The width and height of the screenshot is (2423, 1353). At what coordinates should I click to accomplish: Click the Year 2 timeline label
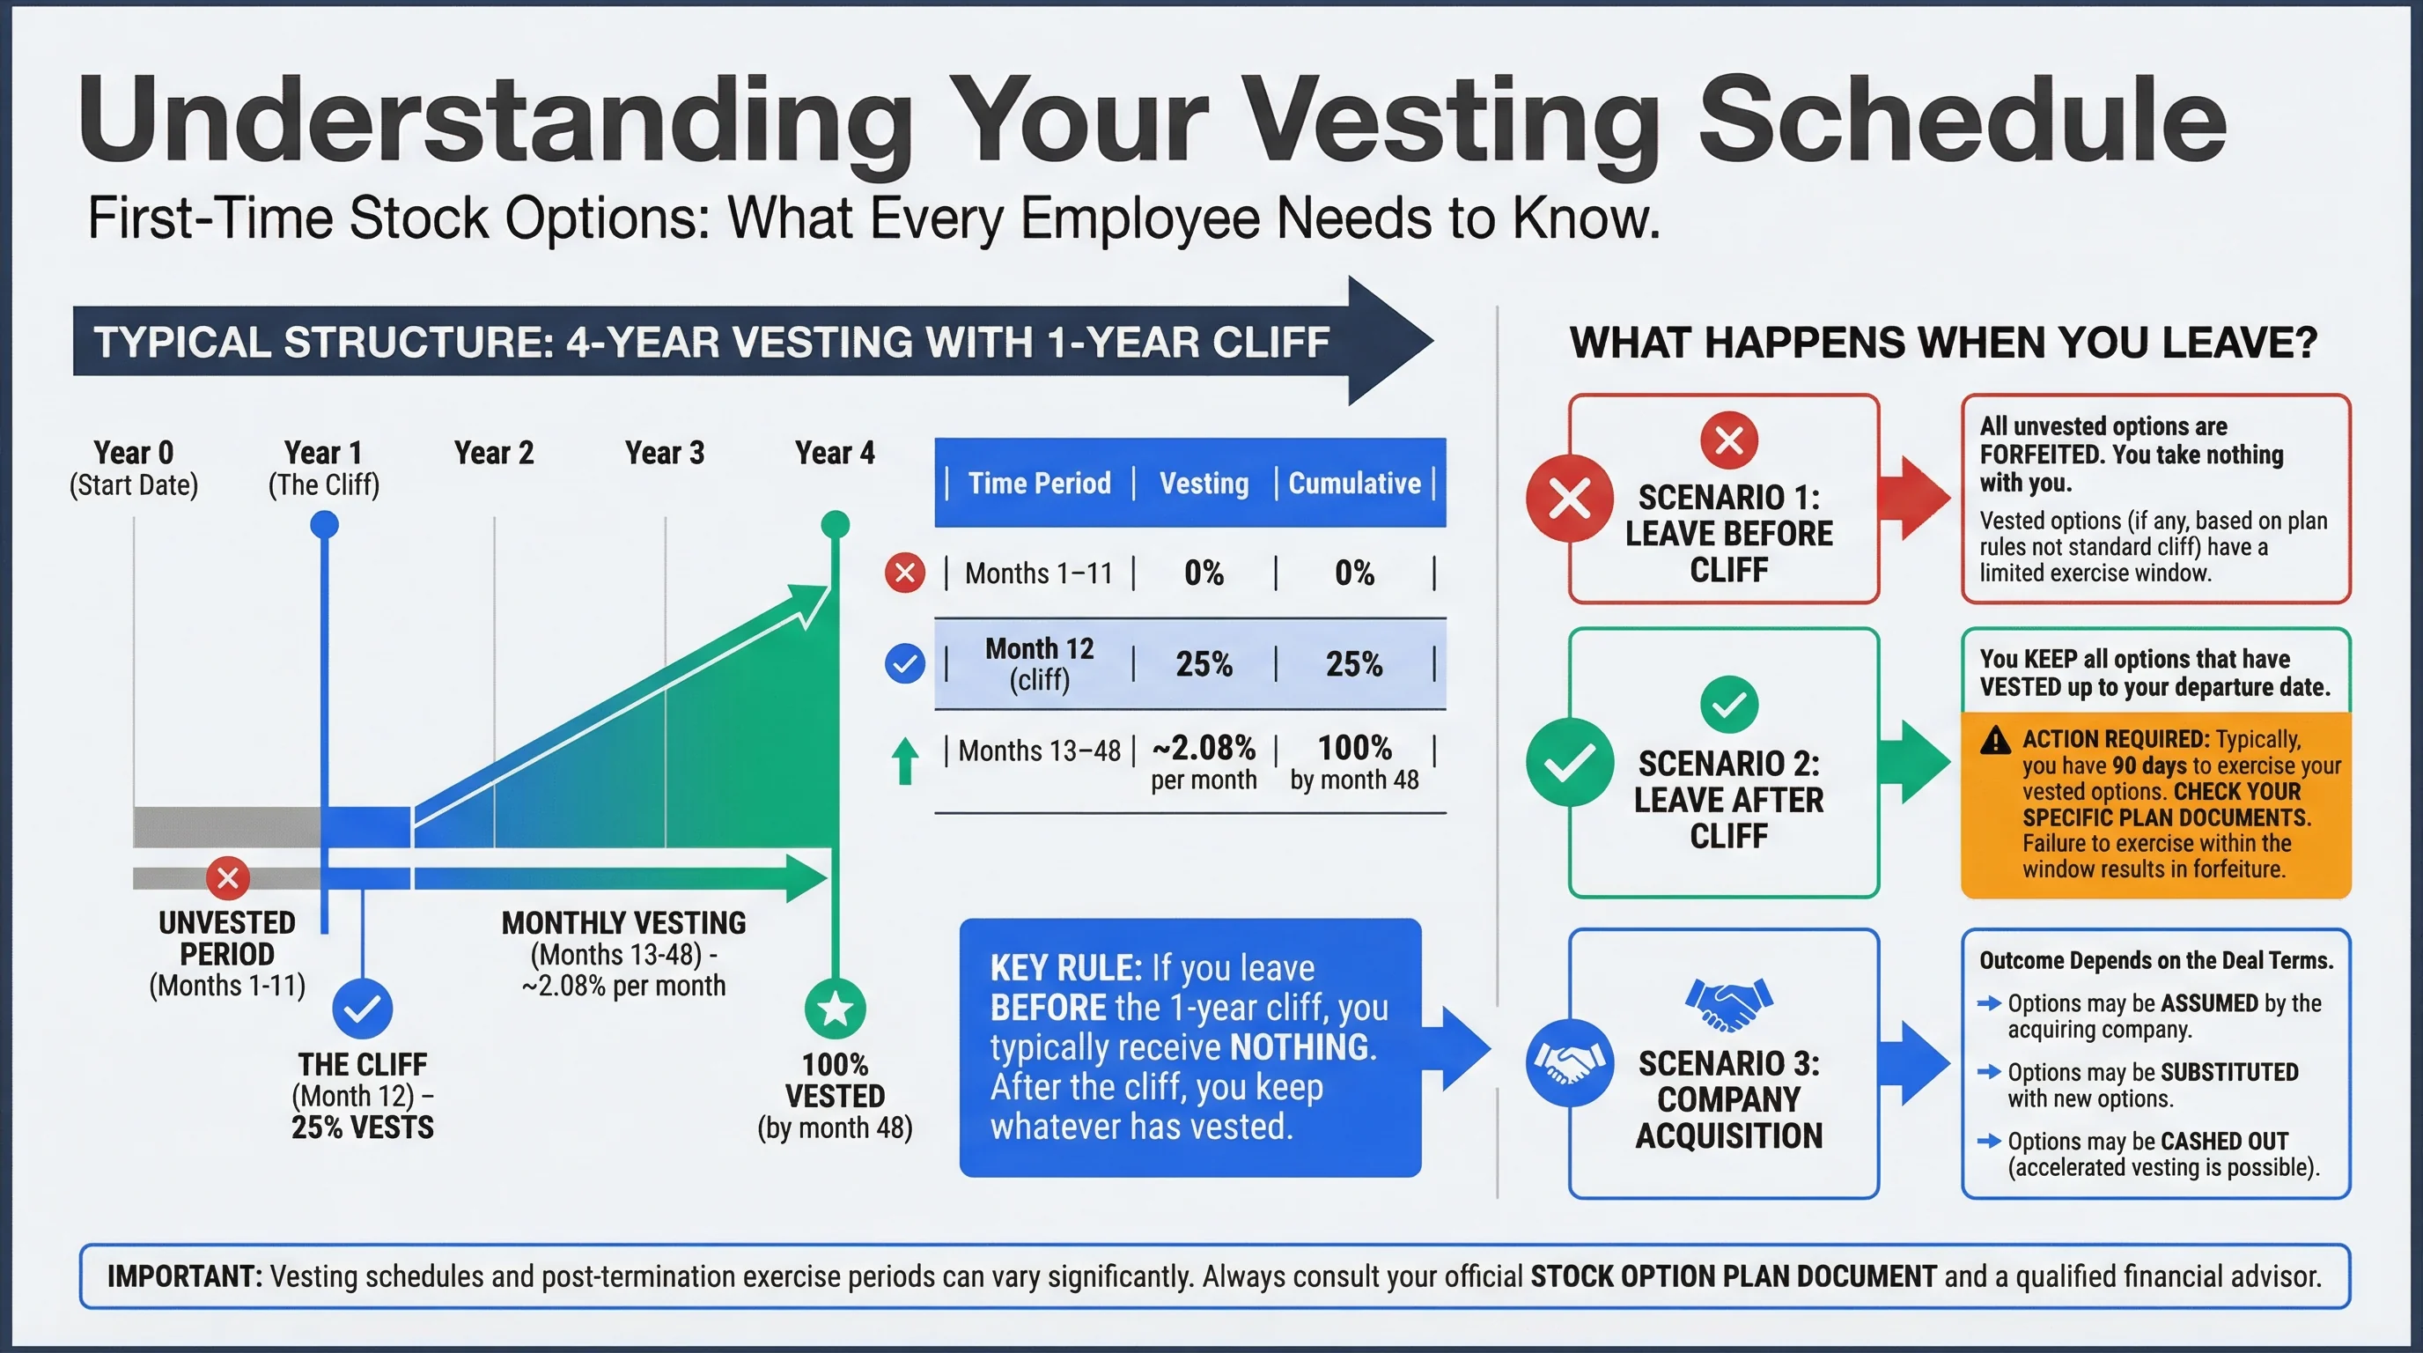point(494,453)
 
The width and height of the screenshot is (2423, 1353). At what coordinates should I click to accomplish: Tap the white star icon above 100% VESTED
point(835,1009)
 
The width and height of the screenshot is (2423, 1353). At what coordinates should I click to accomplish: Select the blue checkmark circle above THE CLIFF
point(362,1009)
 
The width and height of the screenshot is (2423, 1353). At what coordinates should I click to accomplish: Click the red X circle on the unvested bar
point(228,879)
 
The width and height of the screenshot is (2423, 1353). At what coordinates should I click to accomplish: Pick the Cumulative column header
point(1353,483)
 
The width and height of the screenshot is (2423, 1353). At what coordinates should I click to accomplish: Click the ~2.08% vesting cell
point(1203,749)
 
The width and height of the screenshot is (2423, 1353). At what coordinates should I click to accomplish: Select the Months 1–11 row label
point(1038,573)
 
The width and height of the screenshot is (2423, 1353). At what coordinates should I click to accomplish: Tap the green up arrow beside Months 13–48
point(905,760)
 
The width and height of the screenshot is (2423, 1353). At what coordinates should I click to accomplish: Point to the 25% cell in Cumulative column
point(1353,664)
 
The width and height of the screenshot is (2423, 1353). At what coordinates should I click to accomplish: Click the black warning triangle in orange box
point(1995,742)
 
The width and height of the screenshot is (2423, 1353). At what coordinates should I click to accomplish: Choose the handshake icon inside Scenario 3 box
point(1728,1004)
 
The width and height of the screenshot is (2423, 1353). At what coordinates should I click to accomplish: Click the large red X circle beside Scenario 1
point(1570,499)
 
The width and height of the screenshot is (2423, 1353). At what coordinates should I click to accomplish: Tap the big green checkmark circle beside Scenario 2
point(1570,762)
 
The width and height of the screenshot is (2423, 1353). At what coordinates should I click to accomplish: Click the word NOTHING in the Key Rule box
point(1303,1047)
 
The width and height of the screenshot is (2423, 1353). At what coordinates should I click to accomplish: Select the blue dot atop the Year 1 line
point(325,524)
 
